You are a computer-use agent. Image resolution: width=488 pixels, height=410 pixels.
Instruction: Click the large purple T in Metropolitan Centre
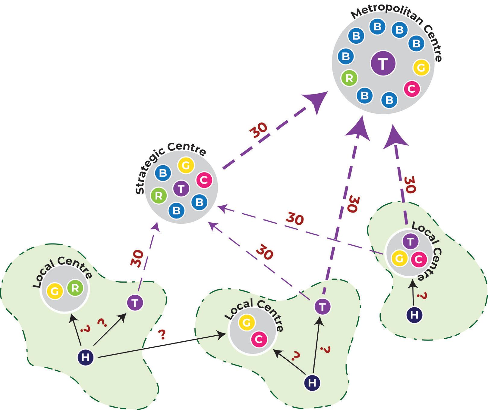click(383, 64)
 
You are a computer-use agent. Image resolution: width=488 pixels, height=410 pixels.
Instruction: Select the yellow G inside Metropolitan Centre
click(421, 67)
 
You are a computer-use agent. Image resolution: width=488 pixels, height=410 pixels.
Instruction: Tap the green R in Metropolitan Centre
click(349, 78)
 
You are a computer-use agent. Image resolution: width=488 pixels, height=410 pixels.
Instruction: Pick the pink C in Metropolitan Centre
click(412, 89)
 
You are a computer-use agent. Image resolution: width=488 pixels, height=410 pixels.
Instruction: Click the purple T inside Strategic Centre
click(181, 189)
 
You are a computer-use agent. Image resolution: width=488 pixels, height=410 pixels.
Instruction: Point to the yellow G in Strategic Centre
click(186, 166)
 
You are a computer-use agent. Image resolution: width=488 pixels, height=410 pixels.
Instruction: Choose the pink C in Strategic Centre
click(204, 180)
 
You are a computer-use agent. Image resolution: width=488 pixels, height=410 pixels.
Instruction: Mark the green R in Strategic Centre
click(159, 196)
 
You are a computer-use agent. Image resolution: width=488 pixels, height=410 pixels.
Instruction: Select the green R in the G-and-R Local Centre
click(75, 288)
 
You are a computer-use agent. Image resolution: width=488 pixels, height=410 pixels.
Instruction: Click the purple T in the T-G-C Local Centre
click(410, 241)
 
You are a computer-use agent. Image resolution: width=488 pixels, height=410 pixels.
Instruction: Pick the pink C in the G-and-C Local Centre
click(259, 339)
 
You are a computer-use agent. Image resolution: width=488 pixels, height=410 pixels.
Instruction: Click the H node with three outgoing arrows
click(86, 357)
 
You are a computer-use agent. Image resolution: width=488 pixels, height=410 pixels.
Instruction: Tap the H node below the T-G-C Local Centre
click(414, 315)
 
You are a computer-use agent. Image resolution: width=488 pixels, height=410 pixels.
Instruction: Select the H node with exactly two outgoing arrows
click(312, 383)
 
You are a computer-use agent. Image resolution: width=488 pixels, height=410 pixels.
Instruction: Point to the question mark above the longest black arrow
click(162, 334)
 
